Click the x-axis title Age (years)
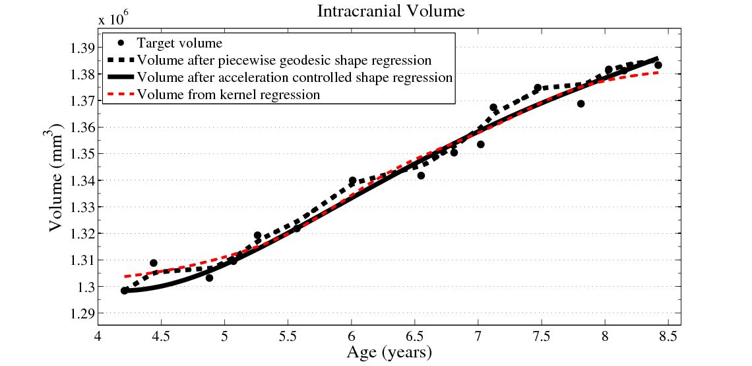(389, 352)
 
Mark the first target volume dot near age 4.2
(125, 291)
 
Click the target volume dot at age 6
(352, 180)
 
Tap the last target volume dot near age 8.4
(658, 65)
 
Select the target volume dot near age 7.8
(580, 104)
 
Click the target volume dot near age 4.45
(154, 263)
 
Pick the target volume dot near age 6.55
(421, 176)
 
